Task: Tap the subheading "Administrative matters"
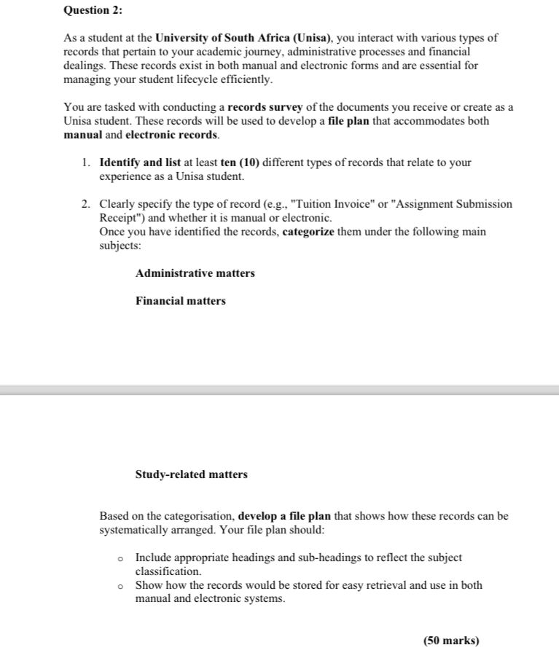(x=195, y=273)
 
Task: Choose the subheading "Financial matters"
(x=181, y=301)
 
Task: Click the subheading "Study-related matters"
(x=192, y=474)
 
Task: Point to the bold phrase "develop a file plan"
(x=284, y=516)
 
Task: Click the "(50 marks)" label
(x=451, y=641)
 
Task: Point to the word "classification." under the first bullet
(x=168, y=571)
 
